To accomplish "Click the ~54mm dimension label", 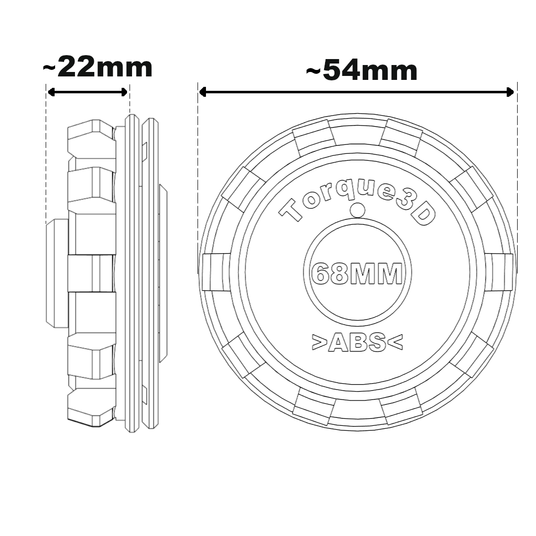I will pos(362,71).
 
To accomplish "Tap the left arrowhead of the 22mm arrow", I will pos(50,92).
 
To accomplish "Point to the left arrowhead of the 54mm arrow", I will pos(202,92).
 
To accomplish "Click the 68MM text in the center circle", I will pos(356,273).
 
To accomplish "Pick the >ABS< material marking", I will pos(357,342).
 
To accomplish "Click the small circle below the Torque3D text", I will pos(357,210).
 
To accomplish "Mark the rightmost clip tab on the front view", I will pos(499,272).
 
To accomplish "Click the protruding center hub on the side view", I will pos(57,273).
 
